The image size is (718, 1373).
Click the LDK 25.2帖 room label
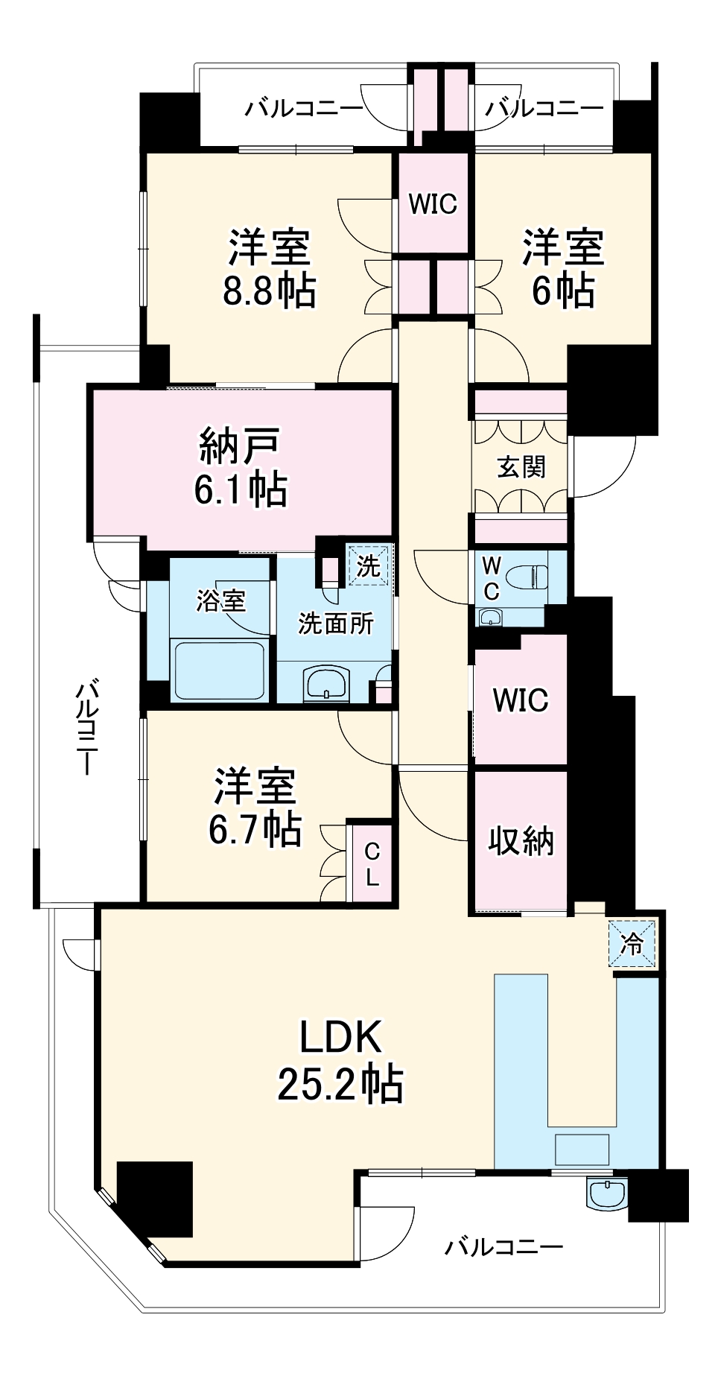[340, 1059]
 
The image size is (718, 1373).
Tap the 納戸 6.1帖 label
[240, 467]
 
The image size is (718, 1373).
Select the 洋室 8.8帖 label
[269, 269]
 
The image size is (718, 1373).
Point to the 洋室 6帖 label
[562, 269]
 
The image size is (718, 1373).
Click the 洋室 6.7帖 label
[255, 807]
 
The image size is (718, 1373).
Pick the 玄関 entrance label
[521, 467]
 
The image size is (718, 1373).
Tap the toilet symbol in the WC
[527, 576]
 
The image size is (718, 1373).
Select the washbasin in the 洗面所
[327, 683]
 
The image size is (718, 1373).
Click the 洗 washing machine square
[369, 565]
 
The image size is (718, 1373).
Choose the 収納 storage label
[521, 841]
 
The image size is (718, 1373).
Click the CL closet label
[372, 865]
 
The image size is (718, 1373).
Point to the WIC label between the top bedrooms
[433, 203]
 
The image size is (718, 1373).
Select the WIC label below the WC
[521, 700]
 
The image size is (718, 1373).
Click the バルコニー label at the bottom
[504, 1246]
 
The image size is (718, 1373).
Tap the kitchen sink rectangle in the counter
[582, 1149]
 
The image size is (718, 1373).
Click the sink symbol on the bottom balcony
[608, 1193]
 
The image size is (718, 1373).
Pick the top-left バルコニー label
[304, 109]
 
